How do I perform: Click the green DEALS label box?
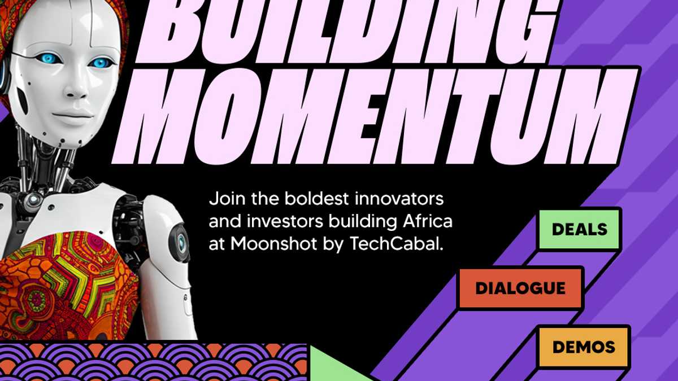coord(579,229)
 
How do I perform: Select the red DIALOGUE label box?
coord(520,288)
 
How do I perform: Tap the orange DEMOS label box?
coord(583,347)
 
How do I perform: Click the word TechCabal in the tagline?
coord(397,244)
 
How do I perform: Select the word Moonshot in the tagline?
coord(273,244)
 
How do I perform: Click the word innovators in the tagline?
coord(399,199)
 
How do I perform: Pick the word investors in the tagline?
coord(285,221)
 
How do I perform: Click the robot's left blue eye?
coord(49,58)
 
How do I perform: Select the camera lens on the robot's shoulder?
coord(181,243)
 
